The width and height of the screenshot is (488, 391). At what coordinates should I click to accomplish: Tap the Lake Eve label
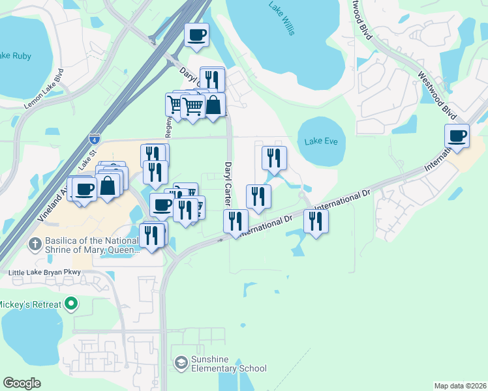[x=321, y=141]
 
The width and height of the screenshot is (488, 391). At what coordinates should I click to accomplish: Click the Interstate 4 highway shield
[x=94, y=138]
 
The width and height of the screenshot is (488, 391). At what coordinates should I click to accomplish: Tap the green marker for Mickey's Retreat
[x=72, y=304]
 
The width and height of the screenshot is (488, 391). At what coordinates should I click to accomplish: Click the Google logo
[x=22, y=383]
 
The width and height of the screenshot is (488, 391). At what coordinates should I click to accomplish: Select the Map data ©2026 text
[x=459, y=385]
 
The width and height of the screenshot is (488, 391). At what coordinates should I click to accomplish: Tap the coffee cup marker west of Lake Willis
[x=196, y=35]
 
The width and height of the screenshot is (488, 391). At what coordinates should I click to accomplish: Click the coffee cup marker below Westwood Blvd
[x=457, y=136]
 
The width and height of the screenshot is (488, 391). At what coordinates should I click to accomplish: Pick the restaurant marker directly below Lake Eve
[x=274, y=158]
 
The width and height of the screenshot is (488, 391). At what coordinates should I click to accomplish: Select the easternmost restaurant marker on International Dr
[x=316, y=221]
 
